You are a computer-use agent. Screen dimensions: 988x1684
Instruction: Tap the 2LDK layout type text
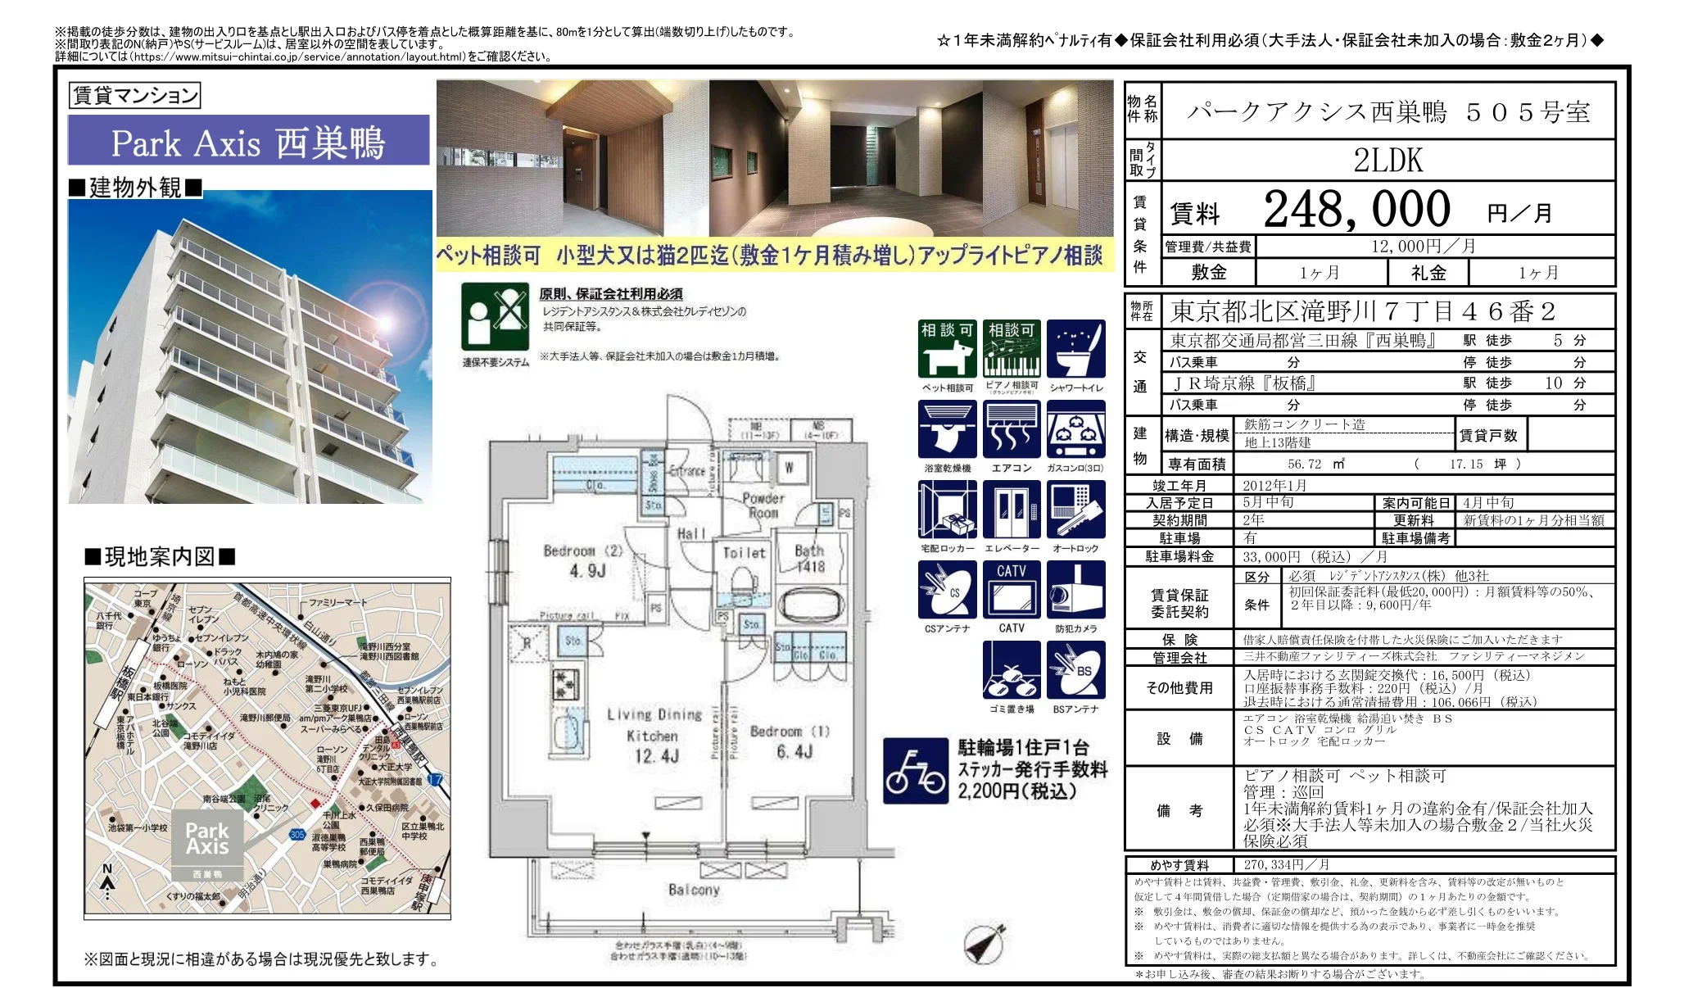(1387, 161)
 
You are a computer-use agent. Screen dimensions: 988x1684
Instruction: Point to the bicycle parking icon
(915, 771)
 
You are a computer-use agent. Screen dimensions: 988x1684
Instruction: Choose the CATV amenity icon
(1012, 589)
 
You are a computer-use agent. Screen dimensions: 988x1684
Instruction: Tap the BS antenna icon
(1075, 670)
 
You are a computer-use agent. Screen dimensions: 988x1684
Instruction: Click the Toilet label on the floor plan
(744, 553)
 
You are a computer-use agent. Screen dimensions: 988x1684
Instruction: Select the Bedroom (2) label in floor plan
(583, 551)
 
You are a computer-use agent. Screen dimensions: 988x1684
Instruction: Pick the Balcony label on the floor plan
(694, 889)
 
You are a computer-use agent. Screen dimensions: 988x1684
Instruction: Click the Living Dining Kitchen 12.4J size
(656, 755)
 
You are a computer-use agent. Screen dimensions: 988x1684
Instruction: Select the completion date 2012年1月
(1274, 485)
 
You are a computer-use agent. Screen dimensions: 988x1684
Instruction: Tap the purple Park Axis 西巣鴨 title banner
(248, 141)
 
